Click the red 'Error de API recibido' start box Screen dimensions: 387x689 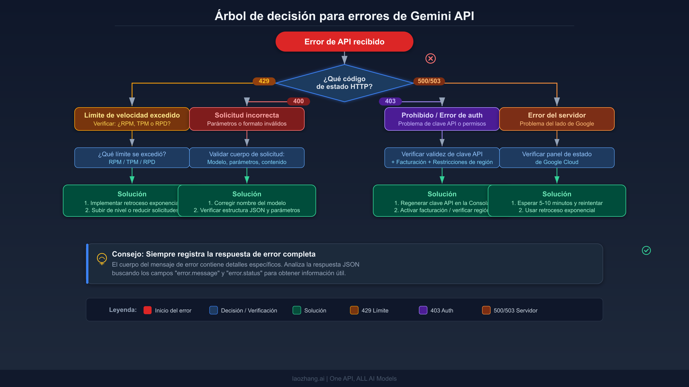(344, 42)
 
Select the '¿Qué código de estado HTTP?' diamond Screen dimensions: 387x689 (344, 83)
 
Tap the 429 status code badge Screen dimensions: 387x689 (264, 81)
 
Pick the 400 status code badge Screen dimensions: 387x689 (298, 101)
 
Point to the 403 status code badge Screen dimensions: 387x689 (390, 101)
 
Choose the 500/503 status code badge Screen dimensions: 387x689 (429, 81)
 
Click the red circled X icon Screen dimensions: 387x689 (430, 58)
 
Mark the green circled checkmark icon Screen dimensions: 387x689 (646, 251)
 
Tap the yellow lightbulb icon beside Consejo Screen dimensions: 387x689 (102, 259)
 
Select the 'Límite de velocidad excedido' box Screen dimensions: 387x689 (132, 119)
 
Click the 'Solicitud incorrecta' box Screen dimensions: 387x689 (247, 119)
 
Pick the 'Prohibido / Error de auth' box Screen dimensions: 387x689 (442, 119)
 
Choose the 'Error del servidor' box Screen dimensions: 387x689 (557, 119)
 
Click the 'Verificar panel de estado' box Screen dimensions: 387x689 (557, 158)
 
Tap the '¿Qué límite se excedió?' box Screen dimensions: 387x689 (132, 158)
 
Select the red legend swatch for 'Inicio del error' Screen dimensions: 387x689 (148, 310)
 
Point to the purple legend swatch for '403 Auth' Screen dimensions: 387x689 (423, 310)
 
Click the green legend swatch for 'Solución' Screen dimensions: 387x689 (297, 310)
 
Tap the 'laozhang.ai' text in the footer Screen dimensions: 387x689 (308, 379)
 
